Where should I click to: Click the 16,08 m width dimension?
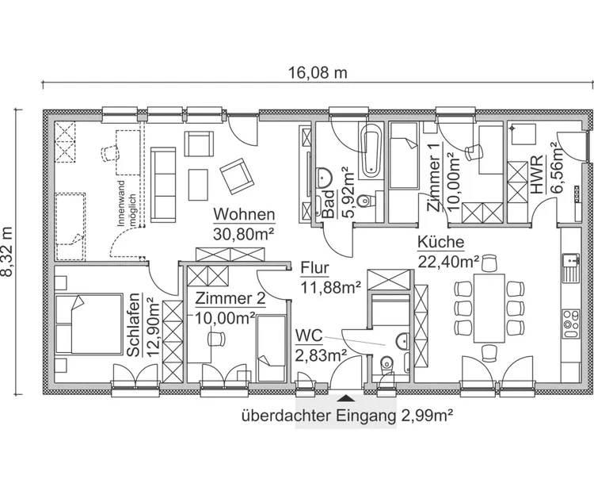pos(318,73)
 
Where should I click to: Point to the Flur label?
pos(314,268)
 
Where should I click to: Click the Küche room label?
pos(440,243)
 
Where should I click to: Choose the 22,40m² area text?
pos(449,260)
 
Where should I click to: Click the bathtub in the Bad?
pos(371,150)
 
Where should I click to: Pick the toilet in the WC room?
pos(386,366)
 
